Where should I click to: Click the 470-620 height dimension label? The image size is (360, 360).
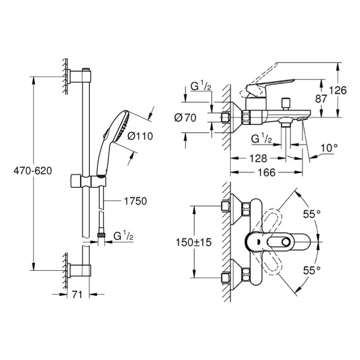tap(32, 171)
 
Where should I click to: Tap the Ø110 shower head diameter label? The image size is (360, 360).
tap(140, 136)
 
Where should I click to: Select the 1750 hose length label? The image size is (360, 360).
tap(135, 201)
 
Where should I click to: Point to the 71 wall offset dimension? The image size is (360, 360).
tap(77, 295)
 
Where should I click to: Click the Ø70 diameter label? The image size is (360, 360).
tap(185, 118)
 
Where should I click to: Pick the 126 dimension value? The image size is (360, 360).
tap(338, 90)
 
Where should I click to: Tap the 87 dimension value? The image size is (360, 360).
tap(321, 98)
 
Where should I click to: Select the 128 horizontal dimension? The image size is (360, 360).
tap(258, 159)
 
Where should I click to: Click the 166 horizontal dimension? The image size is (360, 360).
tap(266, 172)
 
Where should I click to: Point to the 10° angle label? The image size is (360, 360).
tap(329, 148)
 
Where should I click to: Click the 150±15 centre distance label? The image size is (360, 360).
tap(194, 242)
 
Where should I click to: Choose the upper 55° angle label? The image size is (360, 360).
tap(312, 214)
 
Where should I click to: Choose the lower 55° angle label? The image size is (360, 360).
tap(312, 270)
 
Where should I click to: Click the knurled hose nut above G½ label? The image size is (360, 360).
tap(101, 235)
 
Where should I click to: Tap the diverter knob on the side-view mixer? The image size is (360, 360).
tap(286, 103)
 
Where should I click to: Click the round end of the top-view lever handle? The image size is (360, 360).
tap(286, 242)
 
